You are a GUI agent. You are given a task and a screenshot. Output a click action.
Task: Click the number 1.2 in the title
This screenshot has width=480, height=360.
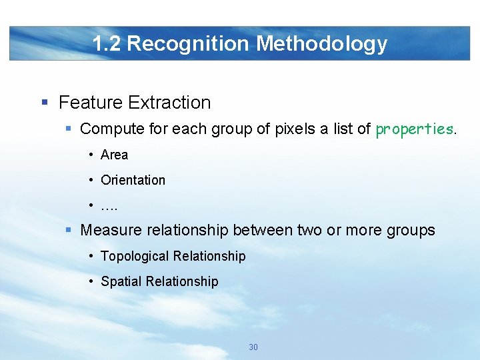[x=107, y=44]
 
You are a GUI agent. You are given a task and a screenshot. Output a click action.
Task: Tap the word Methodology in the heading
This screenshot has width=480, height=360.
[x=321, y=44]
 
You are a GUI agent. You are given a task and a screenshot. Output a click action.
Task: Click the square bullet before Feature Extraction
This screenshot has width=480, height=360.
[x=45, y=103]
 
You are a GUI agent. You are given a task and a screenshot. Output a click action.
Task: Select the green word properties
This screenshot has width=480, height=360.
[x=415, y=129]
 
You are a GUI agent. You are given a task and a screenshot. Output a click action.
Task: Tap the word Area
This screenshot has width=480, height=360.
[x=114, y=155]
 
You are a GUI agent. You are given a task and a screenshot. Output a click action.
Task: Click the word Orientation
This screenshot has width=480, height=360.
[x=133, y=180]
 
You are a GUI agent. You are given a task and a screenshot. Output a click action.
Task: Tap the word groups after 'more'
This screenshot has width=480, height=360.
[x=410, y=231]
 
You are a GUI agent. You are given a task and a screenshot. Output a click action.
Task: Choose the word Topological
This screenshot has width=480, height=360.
[x=135, y=256]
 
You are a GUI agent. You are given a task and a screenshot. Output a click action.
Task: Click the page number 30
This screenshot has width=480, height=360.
[x=253, y=347]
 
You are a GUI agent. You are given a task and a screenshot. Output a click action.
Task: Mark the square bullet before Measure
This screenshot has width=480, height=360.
[x=69, y=231]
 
